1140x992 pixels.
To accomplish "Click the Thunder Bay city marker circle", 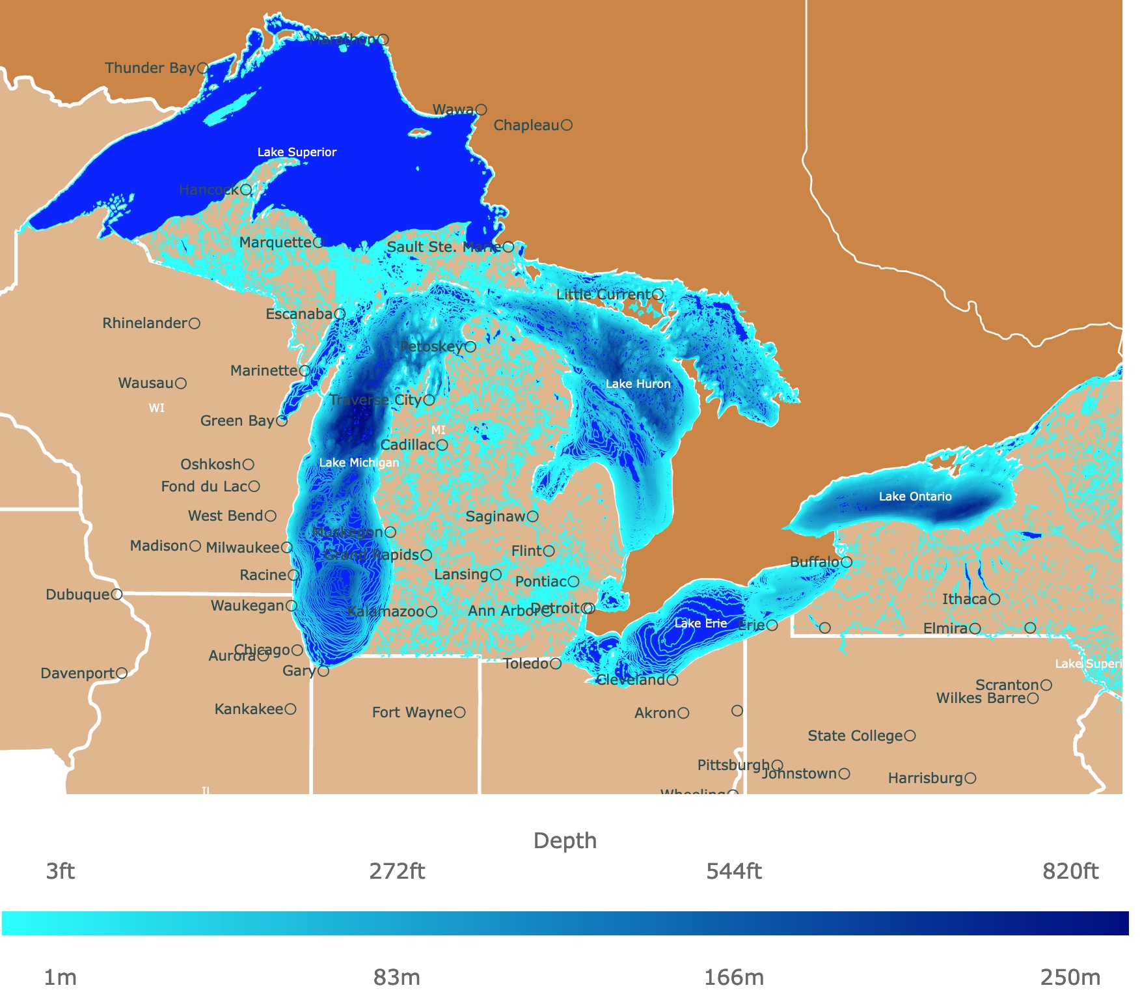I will click(x=202, y=68).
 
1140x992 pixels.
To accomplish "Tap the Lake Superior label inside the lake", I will click(x=297, y=152).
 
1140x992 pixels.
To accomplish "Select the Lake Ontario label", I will click(x=915, y=497).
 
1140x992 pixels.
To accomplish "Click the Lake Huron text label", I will click(x=638, y=384).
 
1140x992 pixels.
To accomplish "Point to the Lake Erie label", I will click(x=700, y=624).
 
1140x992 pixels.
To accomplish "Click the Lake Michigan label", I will click(x=359, y=463).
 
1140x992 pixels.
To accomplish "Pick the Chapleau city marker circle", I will click(x=567, y=125).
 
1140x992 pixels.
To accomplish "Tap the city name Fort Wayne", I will click(x=412, y=713).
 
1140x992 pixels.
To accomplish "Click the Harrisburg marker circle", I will click(x=970, y=778).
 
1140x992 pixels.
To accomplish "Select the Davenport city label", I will click(x=77, y=673).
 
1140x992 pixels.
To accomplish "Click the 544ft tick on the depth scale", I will click(x=734, y=871).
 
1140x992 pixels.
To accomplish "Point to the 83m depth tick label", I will click(x=396, y=978).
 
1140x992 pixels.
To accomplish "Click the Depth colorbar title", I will click(x=565, y=840).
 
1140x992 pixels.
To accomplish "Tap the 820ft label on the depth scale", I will click(x=1070, y=871).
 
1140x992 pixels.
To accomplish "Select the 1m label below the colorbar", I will click(x=60, y=978).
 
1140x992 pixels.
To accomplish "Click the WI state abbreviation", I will click(x=157, y=408).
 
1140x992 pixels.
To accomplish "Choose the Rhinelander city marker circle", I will click(x=195, y=323).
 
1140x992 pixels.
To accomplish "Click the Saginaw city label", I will click(x=495, y=517).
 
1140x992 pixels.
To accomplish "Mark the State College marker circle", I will click(x=910, y=736).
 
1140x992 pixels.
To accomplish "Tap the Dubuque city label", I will click(x=77, y=595).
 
